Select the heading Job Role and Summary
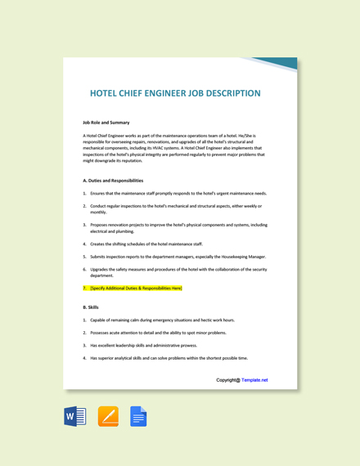tap(106, 122)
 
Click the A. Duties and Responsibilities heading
tap(113, 181)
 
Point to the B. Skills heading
tap(91, 307)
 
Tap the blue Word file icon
tap(75, 417)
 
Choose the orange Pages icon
tap(108, 417)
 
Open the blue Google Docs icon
tap(138, 417)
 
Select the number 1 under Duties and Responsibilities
tap(84, 194)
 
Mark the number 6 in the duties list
tap(84, 269)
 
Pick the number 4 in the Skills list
tap(84, 358)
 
